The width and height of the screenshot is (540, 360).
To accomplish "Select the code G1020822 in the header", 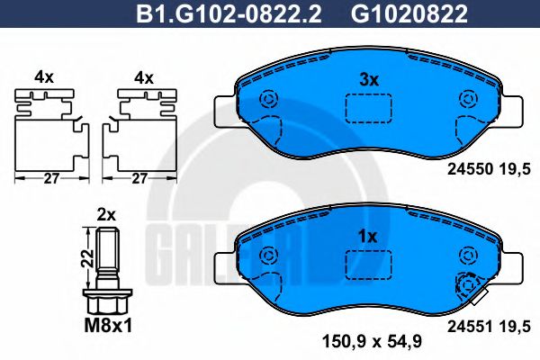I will pos(400,13).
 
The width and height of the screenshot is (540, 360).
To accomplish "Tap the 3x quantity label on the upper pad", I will pos(366,79).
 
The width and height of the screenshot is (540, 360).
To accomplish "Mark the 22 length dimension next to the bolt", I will pos(84,256).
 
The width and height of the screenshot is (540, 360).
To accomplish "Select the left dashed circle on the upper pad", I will pos(266,100).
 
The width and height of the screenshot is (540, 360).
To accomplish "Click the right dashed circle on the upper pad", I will pos(465,100).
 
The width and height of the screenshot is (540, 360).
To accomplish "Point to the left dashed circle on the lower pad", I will pos(266,257).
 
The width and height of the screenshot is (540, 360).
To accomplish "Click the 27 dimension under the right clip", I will pos(138,179).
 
